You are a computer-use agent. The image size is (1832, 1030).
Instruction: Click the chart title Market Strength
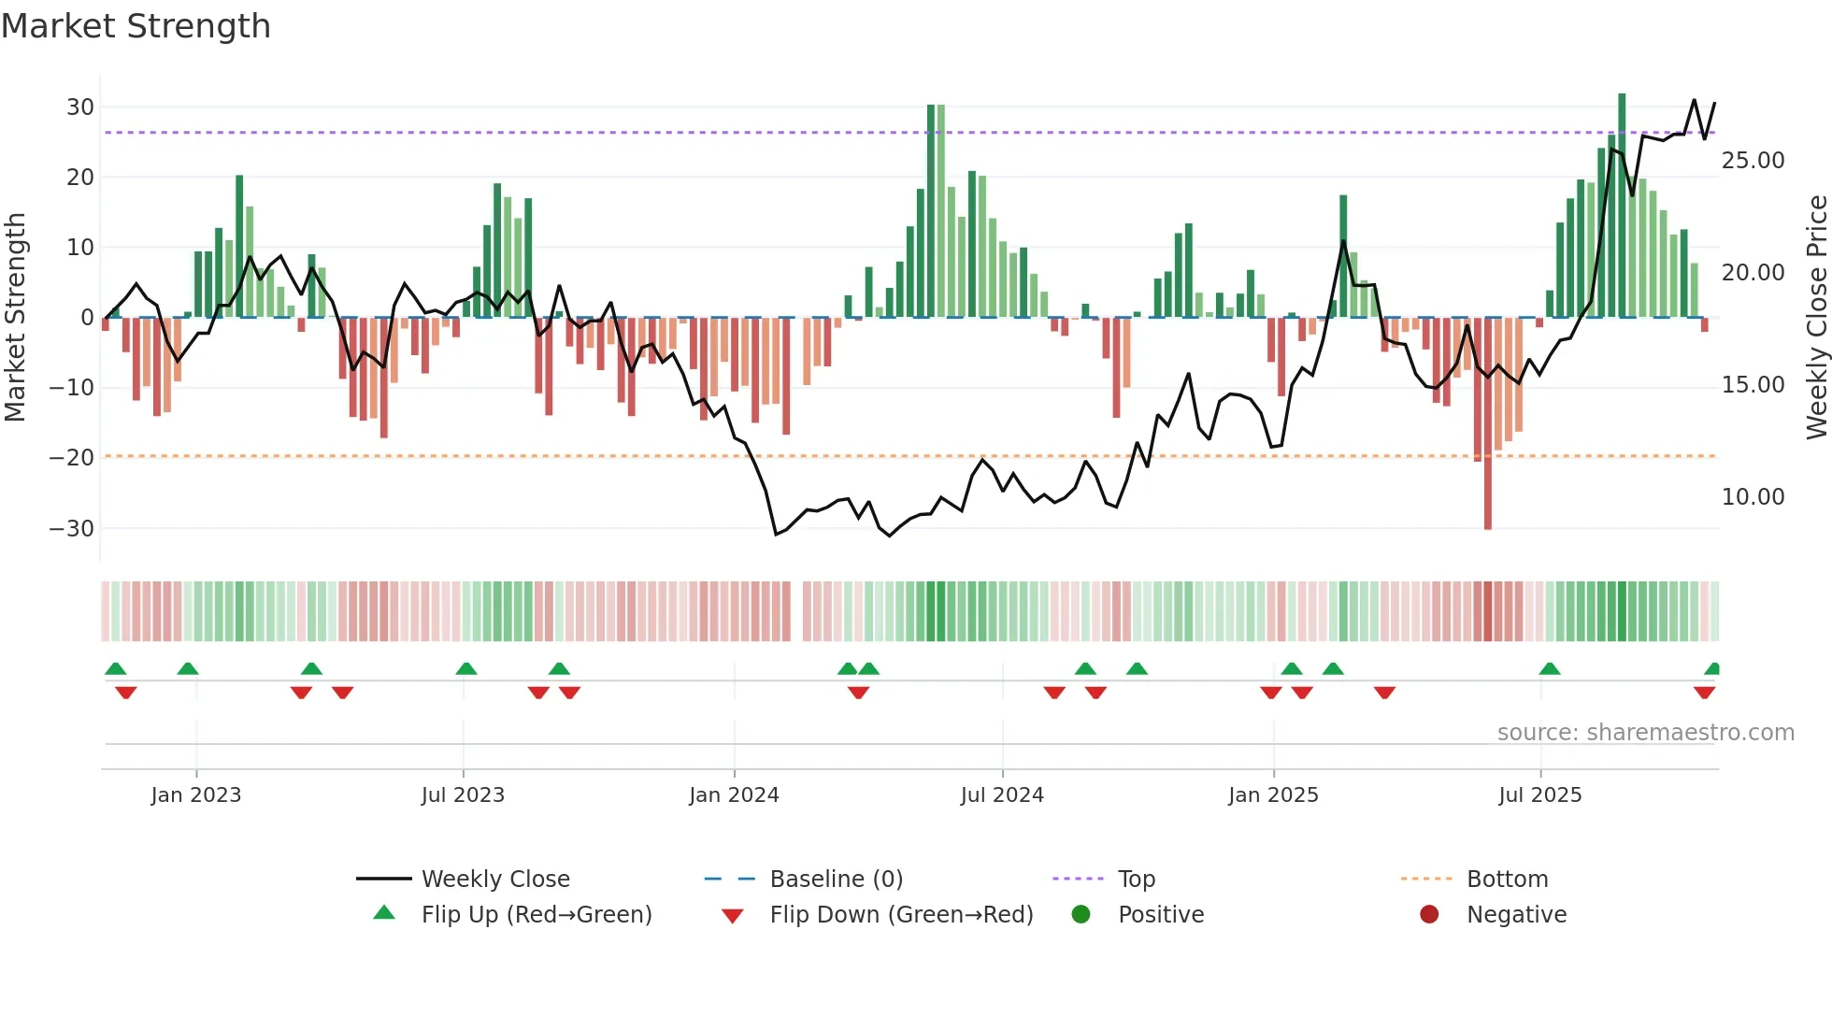[x=136, y=26]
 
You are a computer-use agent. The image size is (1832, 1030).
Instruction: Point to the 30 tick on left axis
[x=80, y=107]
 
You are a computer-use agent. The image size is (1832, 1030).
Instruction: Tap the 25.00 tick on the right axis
[x=1753, y=161]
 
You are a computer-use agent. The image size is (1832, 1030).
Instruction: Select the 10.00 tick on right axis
[x=1753, y=497]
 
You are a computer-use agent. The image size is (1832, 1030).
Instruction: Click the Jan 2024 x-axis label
[x=734, y=795]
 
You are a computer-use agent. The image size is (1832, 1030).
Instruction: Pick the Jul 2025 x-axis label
[x=1539, y=795]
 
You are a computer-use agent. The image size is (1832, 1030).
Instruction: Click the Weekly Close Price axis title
[x=1816, y=318]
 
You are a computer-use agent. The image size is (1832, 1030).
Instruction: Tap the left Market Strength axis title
[x=16, y=318]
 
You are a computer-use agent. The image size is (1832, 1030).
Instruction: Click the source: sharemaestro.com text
[x=1645, y=733]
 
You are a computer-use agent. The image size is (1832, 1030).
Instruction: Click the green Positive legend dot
[x=1081, y=915]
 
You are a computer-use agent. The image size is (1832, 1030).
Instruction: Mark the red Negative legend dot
[x=1429, y=915]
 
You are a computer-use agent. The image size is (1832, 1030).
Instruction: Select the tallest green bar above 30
[x=1622, y=206]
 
